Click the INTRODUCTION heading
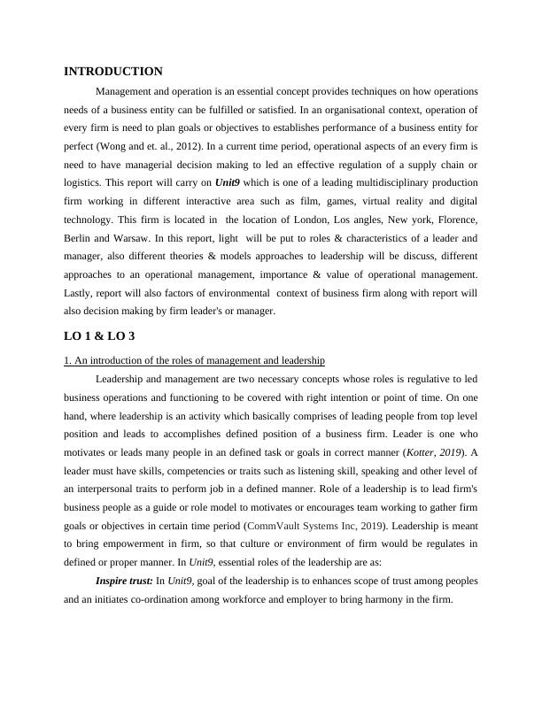[113, 72]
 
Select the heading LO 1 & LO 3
[99, 336]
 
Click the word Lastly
[81, 293]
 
